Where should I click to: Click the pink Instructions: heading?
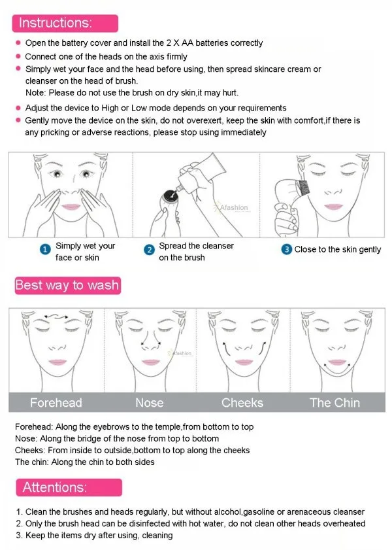(x=56, y=23)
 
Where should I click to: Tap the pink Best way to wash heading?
(x=67, y=285)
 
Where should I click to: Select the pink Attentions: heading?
(x=54, y=487)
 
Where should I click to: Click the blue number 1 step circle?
(x=45, y=250)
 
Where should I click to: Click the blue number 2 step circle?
(x=148, y=250)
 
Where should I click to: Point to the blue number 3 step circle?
(x=286, y=250)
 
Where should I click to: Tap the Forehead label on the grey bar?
(x=56, y=403)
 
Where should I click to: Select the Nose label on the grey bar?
(x=149, y=403)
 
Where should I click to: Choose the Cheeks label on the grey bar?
(x=242, y=403)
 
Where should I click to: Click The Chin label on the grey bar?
(x=335, y=403)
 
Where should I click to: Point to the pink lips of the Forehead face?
(x=56, y=362)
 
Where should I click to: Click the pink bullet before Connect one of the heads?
(x=18, y=56)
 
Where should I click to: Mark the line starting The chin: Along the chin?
(x=85, y=462)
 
